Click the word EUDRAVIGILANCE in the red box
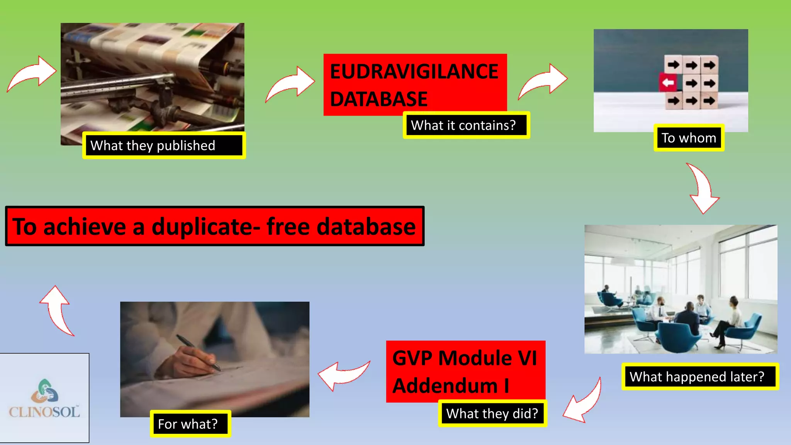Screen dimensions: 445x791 tap(414, 72)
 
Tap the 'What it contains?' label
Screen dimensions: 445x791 tap(463, 125)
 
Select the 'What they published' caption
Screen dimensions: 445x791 tap(153, 146)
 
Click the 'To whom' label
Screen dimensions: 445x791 tap(689, 138)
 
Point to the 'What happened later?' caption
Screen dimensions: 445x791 tap(697, 377)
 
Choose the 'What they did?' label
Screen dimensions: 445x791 tap(492, 414)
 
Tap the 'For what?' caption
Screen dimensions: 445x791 tap(188, 424)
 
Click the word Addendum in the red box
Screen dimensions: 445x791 tap(445, 386)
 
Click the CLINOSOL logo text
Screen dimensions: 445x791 tap(44, 412)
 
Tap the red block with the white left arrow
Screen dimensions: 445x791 tap(668, 82)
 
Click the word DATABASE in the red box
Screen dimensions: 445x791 tap(379, 99)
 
